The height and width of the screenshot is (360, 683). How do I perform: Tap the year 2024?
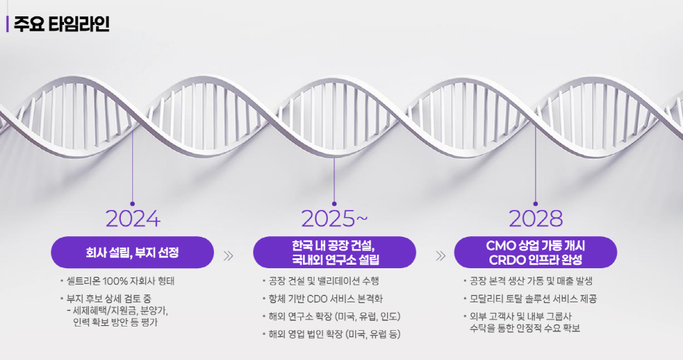click(x=132, y=218)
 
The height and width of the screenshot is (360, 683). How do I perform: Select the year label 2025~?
click(x=334, y=218)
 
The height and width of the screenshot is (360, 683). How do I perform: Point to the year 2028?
click(x=536, y=218)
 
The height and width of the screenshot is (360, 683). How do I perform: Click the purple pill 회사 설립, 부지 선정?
click(x=132, y=252)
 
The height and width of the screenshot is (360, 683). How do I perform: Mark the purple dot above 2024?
click(x=132, y=203)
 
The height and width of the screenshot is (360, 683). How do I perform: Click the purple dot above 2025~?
click(x=334, y=203)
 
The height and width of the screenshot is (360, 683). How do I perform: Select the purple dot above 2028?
click(x=536, y=203)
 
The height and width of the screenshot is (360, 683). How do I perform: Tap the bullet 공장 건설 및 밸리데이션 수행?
click(x=324, y=281)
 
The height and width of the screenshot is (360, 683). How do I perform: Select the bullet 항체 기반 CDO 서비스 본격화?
click(x=327, y=299)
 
